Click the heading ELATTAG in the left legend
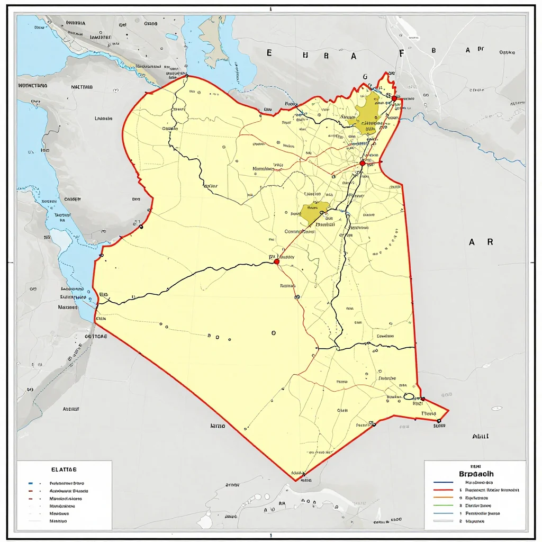[64, 469]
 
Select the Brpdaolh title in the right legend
[474, 474]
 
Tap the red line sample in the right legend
[443, 490]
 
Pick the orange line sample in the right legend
[443, 498]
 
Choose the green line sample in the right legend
[443, 505]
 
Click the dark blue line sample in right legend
[443, 483]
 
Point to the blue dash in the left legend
[30, 483]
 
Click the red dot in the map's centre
[276, 261]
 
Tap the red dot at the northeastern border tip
[394, 98]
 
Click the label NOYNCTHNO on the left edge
[33, 85]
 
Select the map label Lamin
[103, 119]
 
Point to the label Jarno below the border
[218, 426]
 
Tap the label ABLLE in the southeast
[480, 437]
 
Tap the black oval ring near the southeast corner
[409, 396]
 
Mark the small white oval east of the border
[496, 409]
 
